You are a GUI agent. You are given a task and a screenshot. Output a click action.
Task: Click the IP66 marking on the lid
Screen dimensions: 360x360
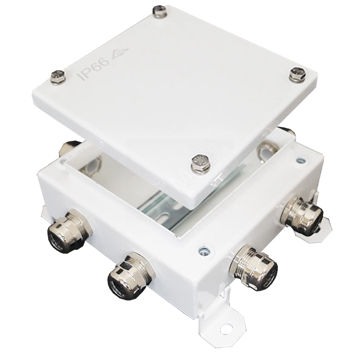click(94, 69)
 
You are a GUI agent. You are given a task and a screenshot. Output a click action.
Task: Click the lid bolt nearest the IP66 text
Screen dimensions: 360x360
click(58, 77)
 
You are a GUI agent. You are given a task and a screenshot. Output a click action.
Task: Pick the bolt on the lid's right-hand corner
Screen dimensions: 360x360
click(298, 74)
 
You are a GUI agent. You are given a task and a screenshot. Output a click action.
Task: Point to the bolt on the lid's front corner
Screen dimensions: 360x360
click(200, 163)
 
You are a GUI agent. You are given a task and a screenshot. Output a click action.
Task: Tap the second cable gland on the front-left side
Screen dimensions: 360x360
click(130, 274)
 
